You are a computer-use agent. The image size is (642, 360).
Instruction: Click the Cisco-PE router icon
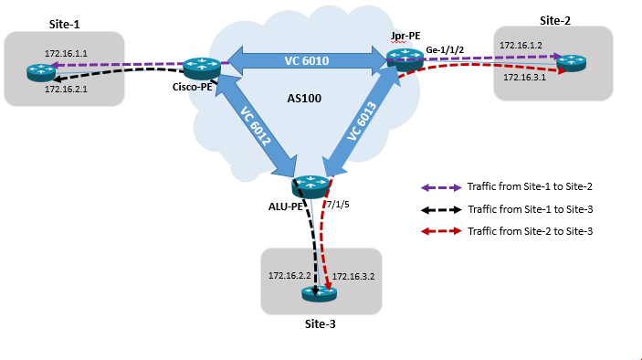point(197,67)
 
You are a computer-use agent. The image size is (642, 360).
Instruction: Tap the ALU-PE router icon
point(310,186)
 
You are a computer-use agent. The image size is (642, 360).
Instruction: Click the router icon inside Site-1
point(39,69)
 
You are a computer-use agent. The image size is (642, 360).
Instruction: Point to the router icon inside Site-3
point(320,293)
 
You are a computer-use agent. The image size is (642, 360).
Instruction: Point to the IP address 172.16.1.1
point(65,54)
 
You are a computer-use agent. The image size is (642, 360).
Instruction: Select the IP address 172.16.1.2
point(521,44)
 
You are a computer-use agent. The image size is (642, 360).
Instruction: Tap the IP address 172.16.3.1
point(523,78)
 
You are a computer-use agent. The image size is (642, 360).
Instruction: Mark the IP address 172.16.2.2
point(289,274)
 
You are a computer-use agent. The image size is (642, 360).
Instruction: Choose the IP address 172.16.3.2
point(353,276)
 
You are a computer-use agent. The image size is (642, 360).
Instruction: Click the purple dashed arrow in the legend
point(438,186)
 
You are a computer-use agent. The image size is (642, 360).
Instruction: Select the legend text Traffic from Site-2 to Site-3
point(530,232)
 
